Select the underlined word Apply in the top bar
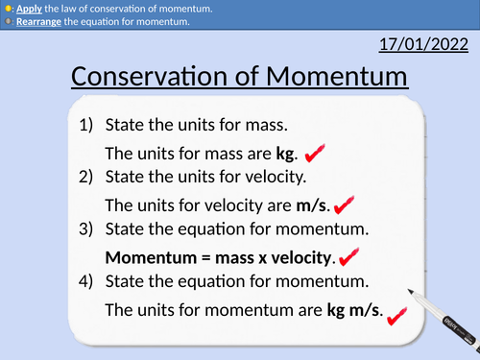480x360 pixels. click(x=29, y=7)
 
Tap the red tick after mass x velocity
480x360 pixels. click(x=348, y=256)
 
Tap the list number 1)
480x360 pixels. click(x=83, y=126)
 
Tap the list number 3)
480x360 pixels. click(x=83, y=229)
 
